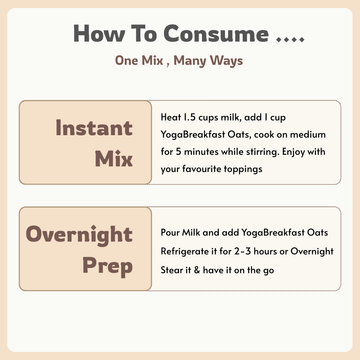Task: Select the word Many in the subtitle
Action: point(194,60)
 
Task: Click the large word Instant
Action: point(94,128)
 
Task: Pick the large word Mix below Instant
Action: point(113,159)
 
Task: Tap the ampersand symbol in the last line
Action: point(195,268)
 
